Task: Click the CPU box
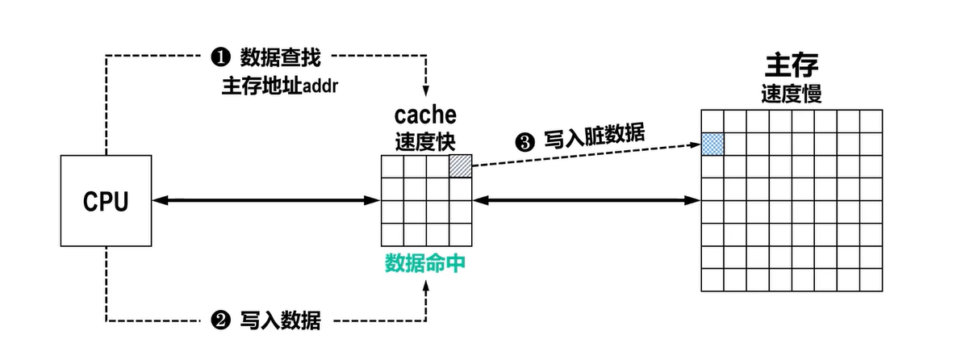coord(106,201)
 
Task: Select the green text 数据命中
coord(425,264)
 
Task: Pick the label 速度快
coord(425,140)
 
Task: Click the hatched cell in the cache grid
coord(460,165)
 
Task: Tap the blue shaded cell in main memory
coord(713,144)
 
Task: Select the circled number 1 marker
coord(220,57)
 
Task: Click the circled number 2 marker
coord(220,321)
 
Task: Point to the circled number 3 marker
coord(524,144)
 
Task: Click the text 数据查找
coord(279,57)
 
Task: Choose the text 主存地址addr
coord(278,86)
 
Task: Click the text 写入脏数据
coord(595,137)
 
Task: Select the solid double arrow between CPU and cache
coord(266,199)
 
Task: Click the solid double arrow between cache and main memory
coord(587,199)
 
